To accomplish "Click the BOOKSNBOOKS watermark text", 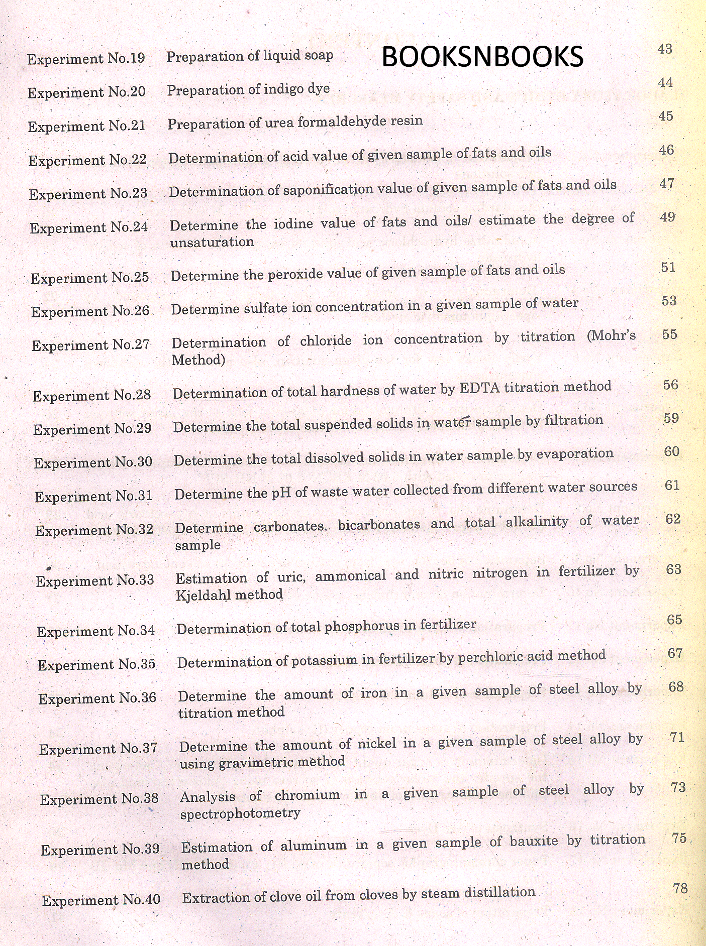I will [482, 56].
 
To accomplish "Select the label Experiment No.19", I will [86, 59].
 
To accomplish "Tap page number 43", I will [665, 49].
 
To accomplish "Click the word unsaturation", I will [212, 242].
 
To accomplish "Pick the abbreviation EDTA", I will [480, 389].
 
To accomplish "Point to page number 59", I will [671, 418].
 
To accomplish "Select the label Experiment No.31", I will [93, 496].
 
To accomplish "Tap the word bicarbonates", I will [379, 525].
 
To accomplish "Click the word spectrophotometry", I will [240, 813].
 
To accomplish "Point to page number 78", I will [680, 888].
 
